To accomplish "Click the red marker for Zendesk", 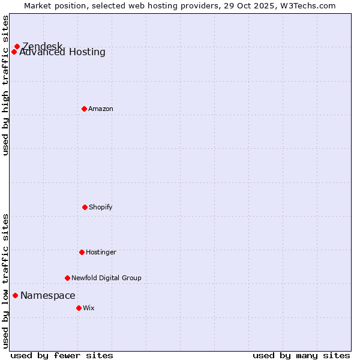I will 17,46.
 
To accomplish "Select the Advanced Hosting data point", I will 14,52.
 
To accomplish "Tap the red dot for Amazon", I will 84,109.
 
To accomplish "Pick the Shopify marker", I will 85,207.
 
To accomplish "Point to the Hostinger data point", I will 82,252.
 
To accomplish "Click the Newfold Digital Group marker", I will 67,278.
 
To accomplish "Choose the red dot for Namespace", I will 15,295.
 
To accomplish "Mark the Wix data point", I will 79,308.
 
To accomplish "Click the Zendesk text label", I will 42,46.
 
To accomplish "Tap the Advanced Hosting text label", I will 62,52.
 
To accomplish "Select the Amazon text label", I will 101,109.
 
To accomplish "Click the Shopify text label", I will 101,207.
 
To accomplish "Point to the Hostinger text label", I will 101,252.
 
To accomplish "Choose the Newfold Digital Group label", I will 106,278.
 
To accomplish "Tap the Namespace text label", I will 48,295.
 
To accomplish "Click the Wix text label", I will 89,308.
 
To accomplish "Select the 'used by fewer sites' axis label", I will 62,355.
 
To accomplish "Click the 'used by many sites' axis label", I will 301,355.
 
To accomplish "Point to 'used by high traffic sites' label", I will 5,85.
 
